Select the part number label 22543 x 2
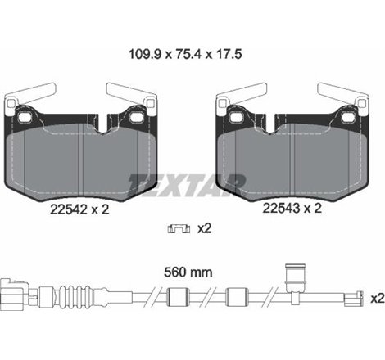(291, 209)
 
